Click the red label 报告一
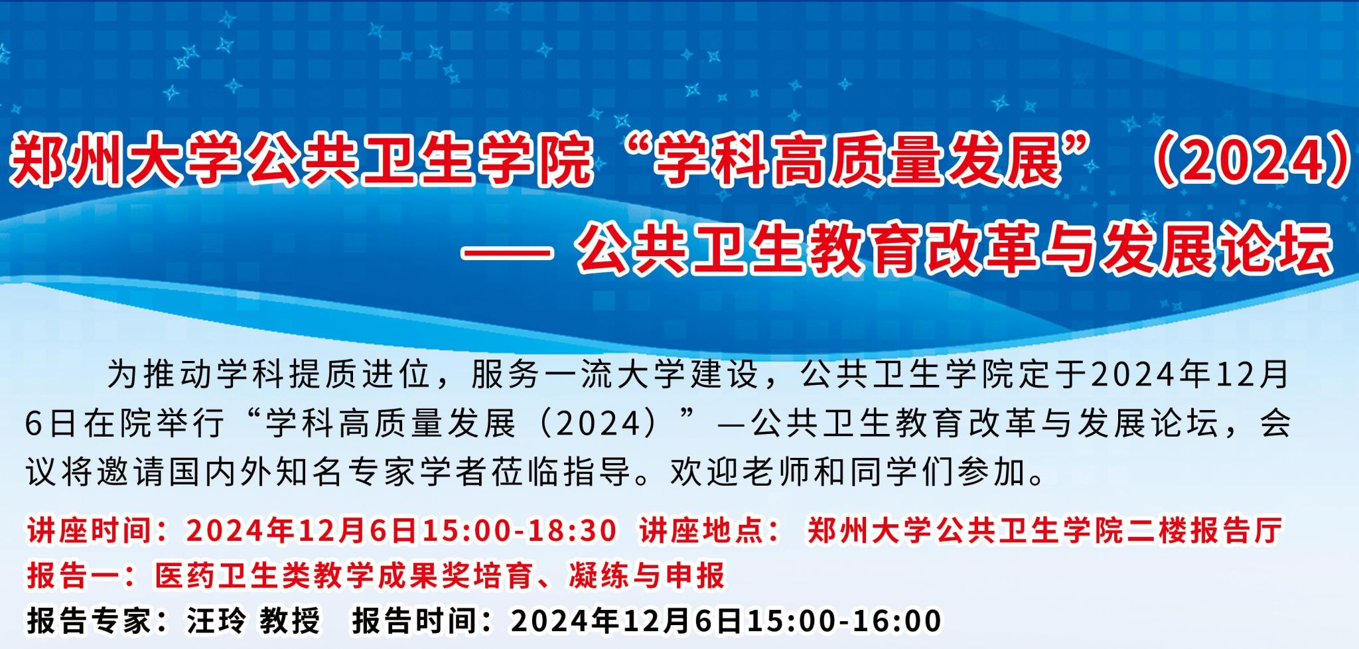click(x=73, y=575)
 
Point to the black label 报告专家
click(x=89, y=621)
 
